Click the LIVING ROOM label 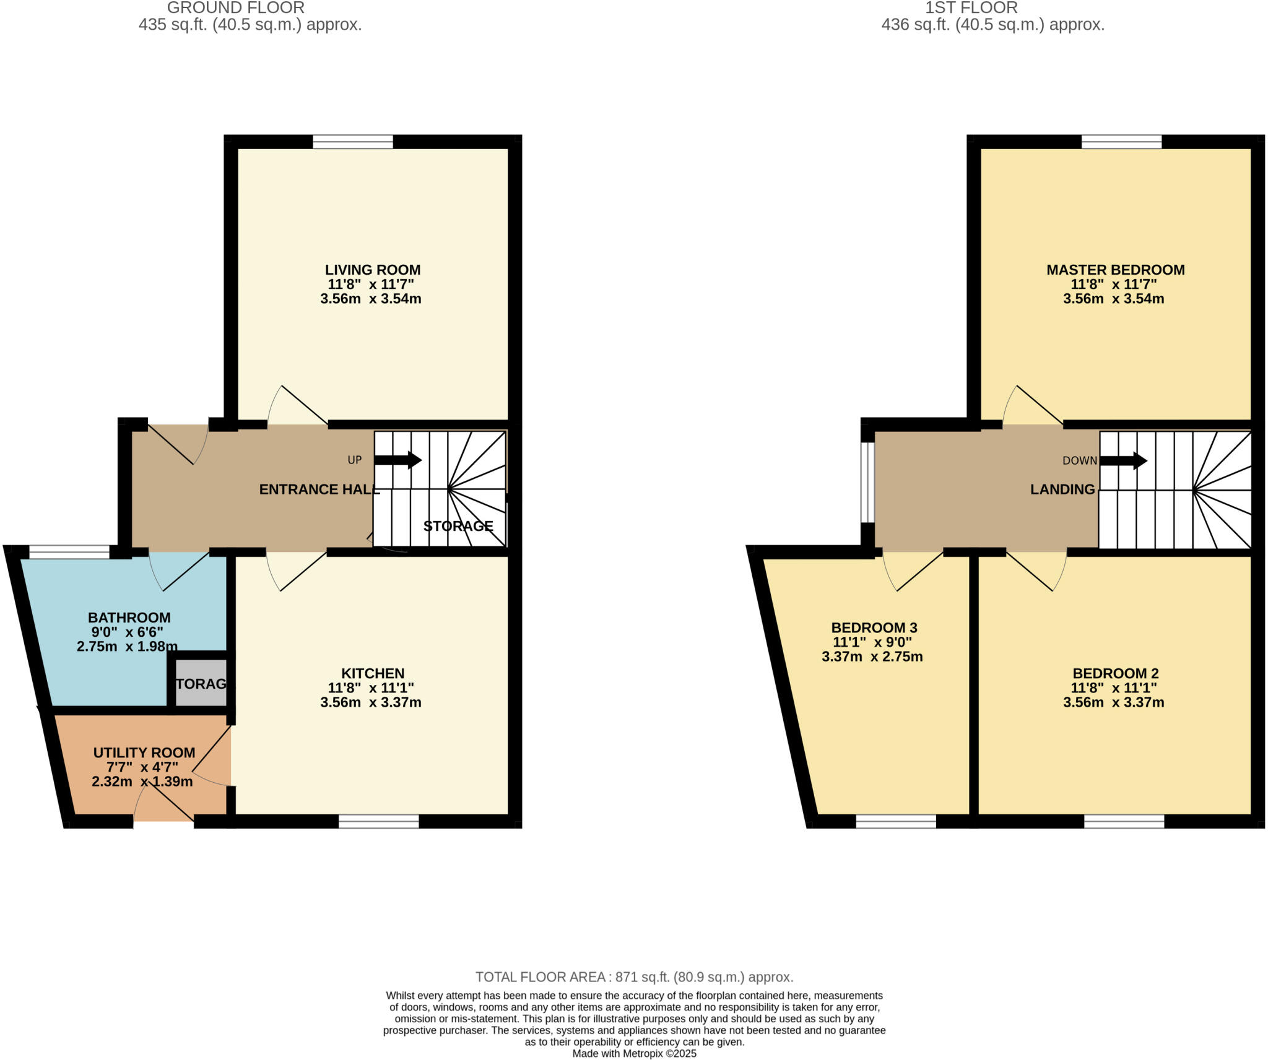pos(372,270)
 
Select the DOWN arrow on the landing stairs pos(1123,460)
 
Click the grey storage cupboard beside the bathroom pos(201,683)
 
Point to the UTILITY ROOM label pos(144,752)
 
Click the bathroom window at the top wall pos(69,551)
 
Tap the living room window pos(353,142)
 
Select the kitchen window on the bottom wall pos(378,821)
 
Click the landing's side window pos(868,482)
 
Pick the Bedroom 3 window pos(896,821)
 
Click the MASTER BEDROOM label pos(1115,270)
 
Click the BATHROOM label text pos(129,617)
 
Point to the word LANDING pos(1062,489)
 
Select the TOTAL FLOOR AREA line pos(634,977)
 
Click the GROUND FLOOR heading pos(235,8)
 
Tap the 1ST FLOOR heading pos(971,8)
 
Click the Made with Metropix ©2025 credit pos(634,1053)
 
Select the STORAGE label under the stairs pos(458,526)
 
